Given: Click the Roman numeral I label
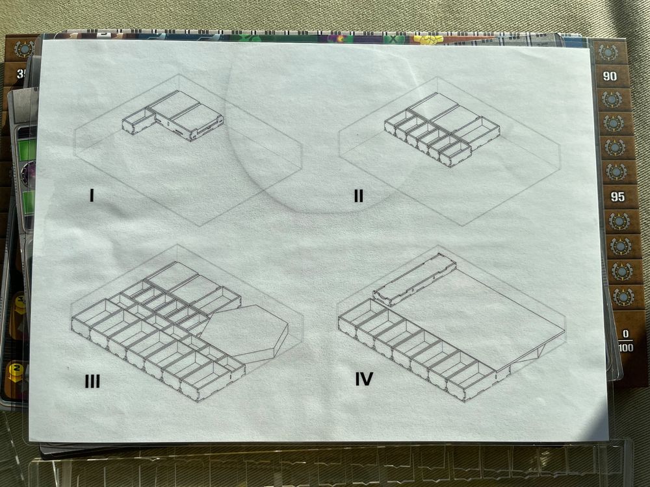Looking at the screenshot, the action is [92, 195].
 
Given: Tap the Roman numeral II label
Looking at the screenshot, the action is [359, 195].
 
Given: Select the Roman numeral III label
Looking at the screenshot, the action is [92, 381].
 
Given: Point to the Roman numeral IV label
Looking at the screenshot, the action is [364, 379].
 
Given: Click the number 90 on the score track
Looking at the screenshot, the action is [610, 76].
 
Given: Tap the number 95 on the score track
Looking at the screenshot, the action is [617, 197].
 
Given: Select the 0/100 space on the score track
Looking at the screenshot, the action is [625, 340].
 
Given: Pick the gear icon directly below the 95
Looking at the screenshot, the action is [619, 221].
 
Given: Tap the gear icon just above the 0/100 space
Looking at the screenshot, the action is [624, 297].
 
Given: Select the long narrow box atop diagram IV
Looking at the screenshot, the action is [415, 279].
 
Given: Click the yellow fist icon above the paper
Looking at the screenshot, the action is [428, 40].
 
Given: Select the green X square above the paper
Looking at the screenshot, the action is [392, 38].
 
